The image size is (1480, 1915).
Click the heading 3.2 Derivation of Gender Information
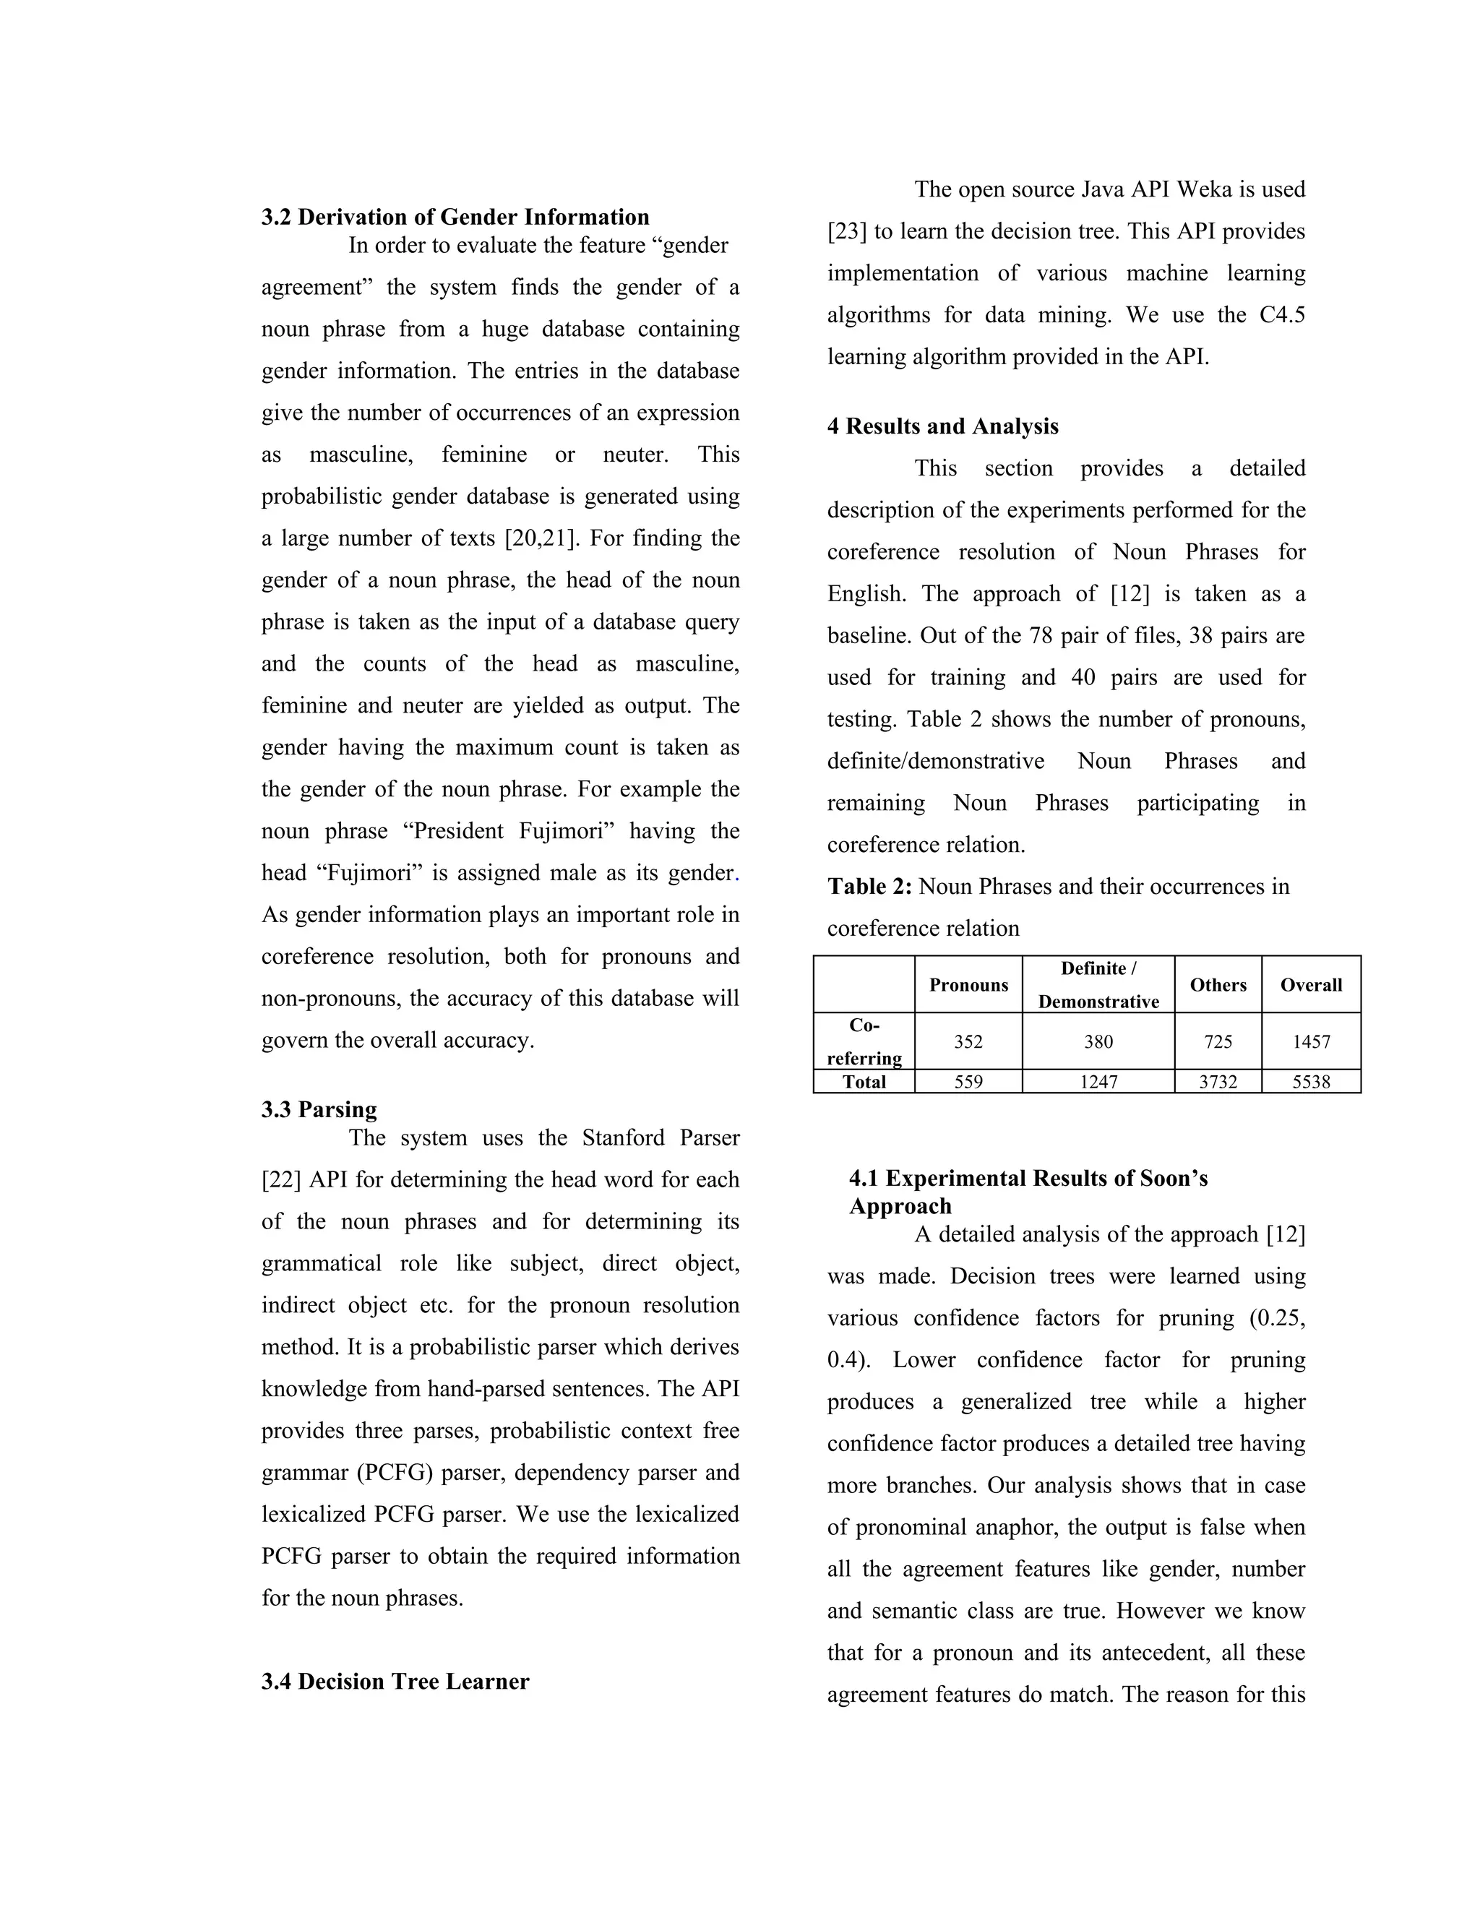455,218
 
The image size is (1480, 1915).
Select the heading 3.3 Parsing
319,1109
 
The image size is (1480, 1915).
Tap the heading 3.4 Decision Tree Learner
395,1681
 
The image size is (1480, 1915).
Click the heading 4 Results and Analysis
942,426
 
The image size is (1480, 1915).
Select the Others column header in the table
1217,985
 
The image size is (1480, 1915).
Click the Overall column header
1310,985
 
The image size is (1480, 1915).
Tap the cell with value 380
1098,1041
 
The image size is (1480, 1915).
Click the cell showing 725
1217,1041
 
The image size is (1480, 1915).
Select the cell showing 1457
1310,1041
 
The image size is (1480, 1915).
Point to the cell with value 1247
1098,1082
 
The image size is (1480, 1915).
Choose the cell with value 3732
1217,1082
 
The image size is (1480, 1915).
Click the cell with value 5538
1310,1082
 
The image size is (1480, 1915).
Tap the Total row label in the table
864,1082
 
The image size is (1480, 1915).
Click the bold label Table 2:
869,887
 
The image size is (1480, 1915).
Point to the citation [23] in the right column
847,231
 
